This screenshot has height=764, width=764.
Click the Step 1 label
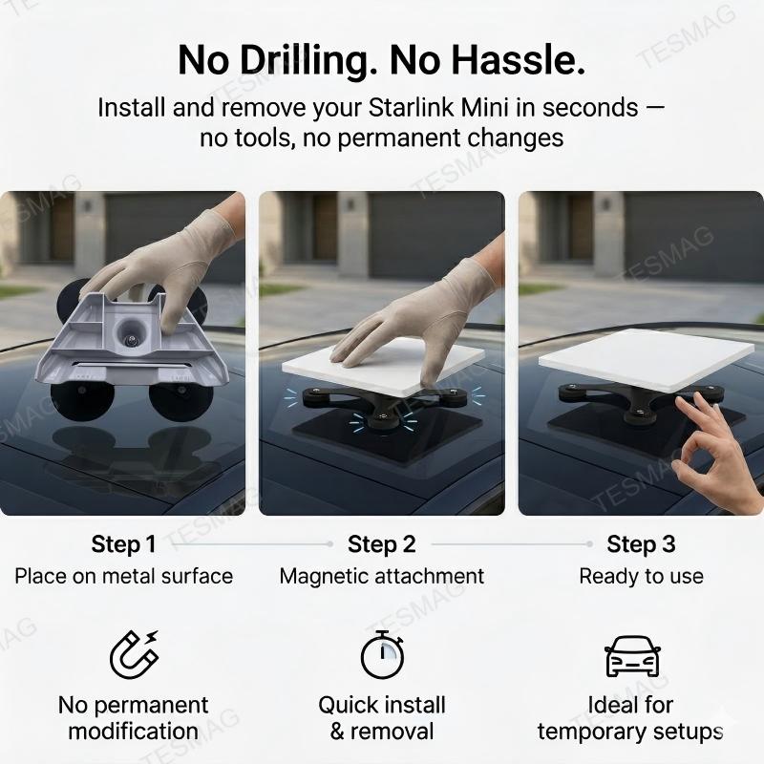[123, 544]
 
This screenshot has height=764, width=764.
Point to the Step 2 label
[382, 544]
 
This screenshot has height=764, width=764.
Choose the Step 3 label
[641, 544]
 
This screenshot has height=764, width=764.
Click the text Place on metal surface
[123, 576]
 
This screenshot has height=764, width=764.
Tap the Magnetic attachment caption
[382, 576]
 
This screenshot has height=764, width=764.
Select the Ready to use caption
[641, 576]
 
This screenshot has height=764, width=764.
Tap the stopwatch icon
[382, 654]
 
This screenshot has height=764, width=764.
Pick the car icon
[632, 656]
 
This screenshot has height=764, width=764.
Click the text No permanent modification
[133, 718]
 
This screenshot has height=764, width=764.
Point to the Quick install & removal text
[382, 718]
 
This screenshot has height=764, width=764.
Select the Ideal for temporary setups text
[630, 718]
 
